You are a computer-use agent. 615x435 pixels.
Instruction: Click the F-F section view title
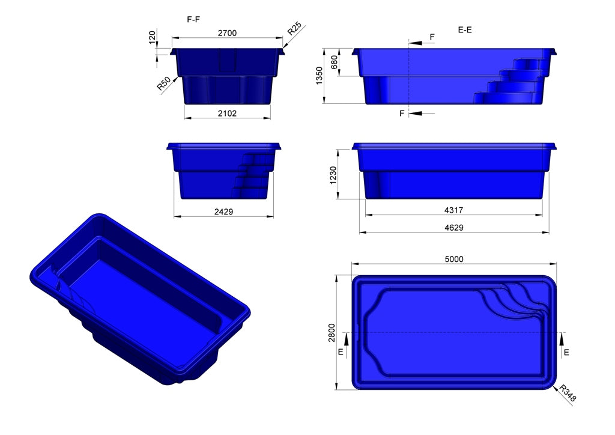click(193, 19)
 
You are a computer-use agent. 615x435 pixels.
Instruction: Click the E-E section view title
click(464, 29)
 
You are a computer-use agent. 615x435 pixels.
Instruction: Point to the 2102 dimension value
click(226, 112)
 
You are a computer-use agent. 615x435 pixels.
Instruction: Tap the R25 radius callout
click(294, 29)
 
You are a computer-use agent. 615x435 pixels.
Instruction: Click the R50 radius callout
click(163, 84)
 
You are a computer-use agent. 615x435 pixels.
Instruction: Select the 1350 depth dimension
click(320, 75)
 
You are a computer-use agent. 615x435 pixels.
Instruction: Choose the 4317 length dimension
click(453, 210)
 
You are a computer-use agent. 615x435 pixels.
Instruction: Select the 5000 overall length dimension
click(453, 259)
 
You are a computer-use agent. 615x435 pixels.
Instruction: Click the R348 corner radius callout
click(568, 394)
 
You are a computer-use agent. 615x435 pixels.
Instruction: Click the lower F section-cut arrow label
click(402, 113)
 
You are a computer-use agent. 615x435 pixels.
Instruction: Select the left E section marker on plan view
click(341, 352)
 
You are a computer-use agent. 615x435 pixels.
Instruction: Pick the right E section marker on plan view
click(566, 352)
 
